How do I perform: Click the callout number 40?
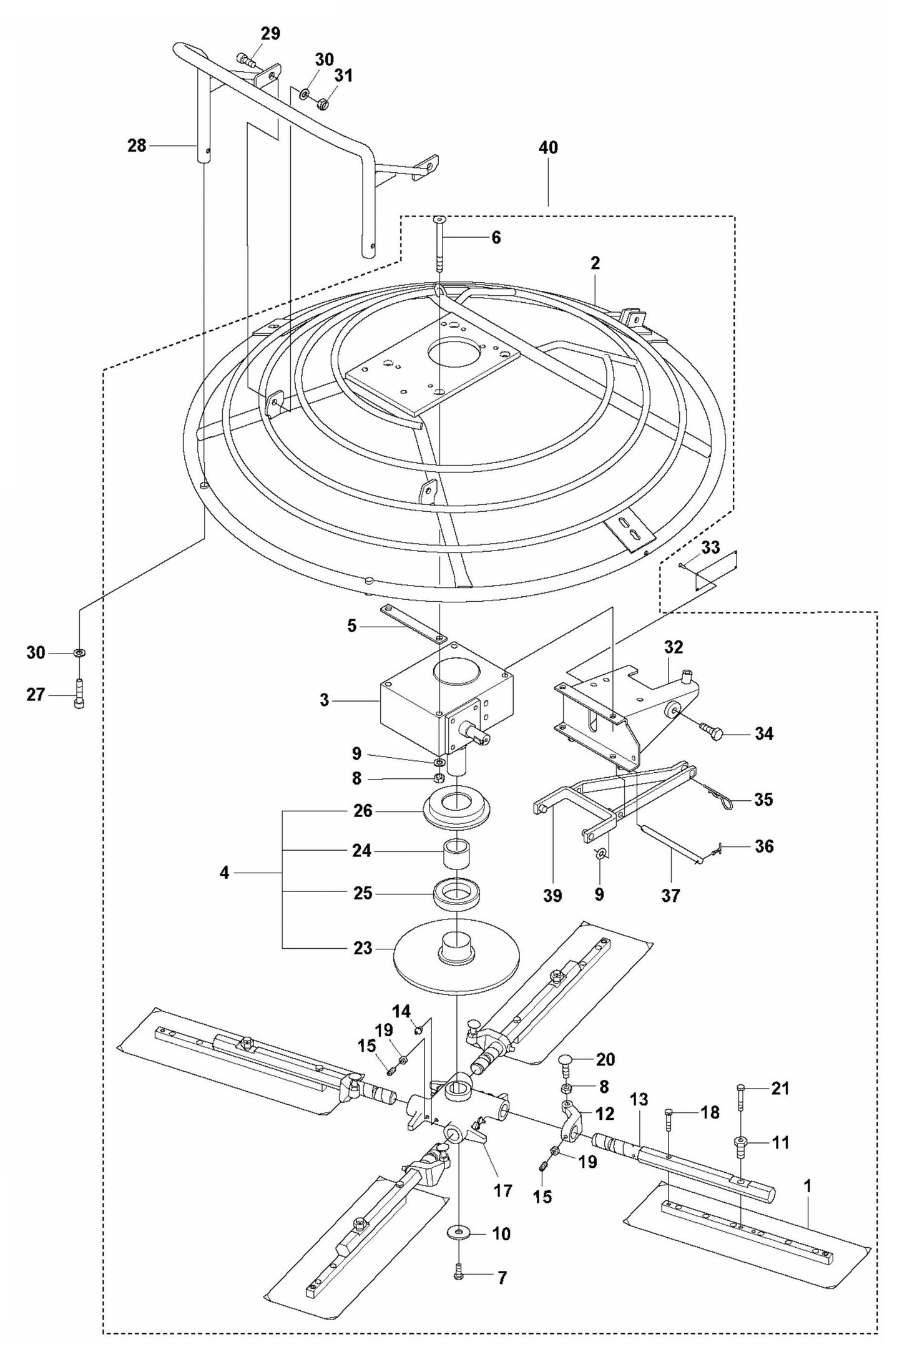click(x=548, y=149)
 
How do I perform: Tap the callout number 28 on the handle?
click(x=136, y=146)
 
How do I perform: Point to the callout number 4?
click(x=225, y=873)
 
